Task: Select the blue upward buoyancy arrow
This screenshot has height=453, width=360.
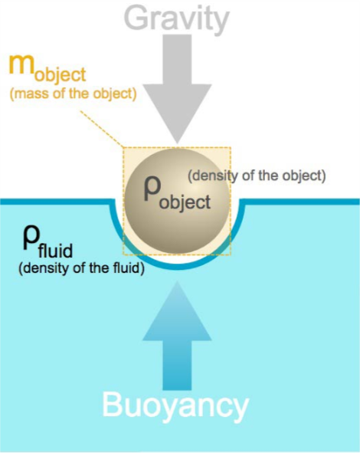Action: (177, 336)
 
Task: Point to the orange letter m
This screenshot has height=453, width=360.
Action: (21, 65)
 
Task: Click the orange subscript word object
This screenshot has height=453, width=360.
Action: (60, 75)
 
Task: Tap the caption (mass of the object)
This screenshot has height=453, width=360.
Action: (73, 94)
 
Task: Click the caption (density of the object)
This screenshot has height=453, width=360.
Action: (257, 176)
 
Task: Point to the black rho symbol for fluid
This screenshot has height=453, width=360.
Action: (31, 238)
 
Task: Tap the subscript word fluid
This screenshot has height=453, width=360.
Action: (55, 250)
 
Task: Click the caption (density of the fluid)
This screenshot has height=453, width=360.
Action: (81, 268)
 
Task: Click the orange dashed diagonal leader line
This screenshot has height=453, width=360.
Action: (102, 129)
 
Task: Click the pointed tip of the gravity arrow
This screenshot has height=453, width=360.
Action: (177, 143)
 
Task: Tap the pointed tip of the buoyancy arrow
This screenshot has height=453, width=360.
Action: (177, 282)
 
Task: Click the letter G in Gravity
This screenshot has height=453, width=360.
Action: (136, 18)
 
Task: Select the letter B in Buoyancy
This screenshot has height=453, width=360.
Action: (113, 404)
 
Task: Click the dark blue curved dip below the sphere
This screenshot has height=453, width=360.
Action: (177, 266)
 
